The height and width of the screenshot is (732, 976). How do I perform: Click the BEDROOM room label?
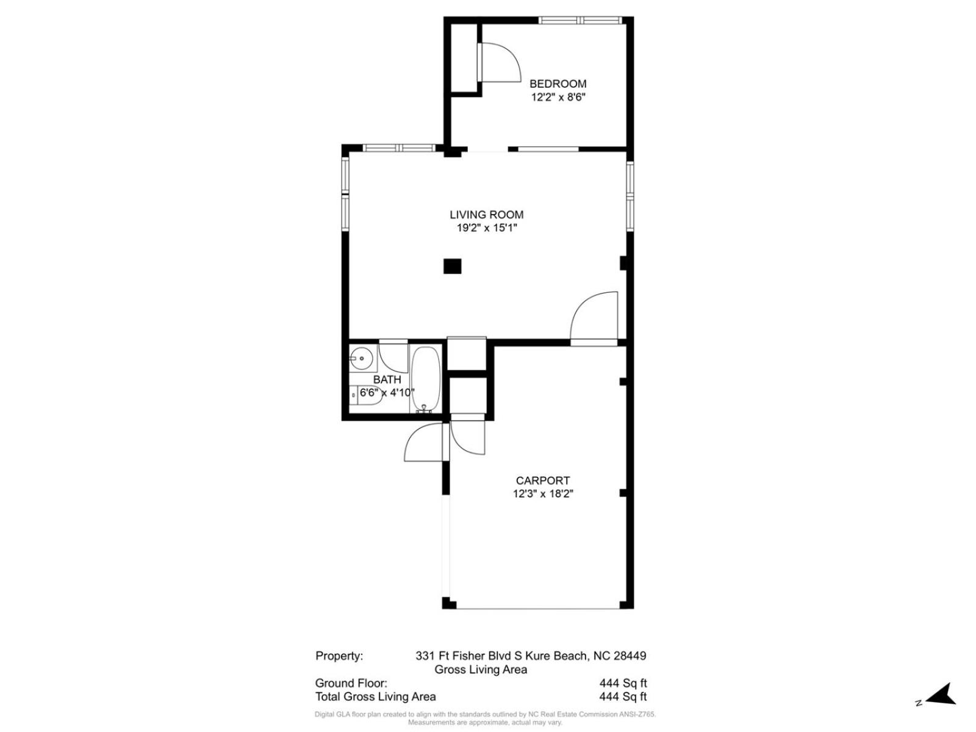pos(558,84)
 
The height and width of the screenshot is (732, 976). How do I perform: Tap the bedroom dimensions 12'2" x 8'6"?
pos(558,98)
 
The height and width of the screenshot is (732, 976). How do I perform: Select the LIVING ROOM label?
pos(486,215)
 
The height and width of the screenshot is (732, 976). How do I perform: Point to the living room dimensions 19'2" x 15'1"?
pos(486,228)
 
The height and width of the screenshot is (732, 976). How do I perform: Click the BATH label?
pos(387,379)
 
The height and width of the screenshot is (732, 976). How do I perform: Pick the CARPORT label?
pos(542,481)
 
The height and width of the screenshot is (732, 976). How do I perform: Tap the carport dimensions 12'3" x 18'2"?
pos(542,493)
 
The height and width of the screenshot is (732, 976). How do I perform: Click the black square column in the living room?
pos(452,266)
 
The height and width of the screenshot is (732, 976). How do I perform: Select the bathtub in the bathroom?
pos(426,380)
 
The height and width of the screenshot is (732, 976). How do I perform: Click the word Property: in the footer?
pos(339,656)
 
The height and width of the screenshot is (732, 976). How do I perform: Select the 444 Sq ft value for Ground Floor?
pos(623,683)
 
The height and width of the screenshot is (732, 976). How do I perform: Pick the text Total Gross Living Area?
pos(375,697)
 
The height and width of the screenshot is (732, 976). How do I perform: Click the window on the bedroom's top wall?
pos(580,20)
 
